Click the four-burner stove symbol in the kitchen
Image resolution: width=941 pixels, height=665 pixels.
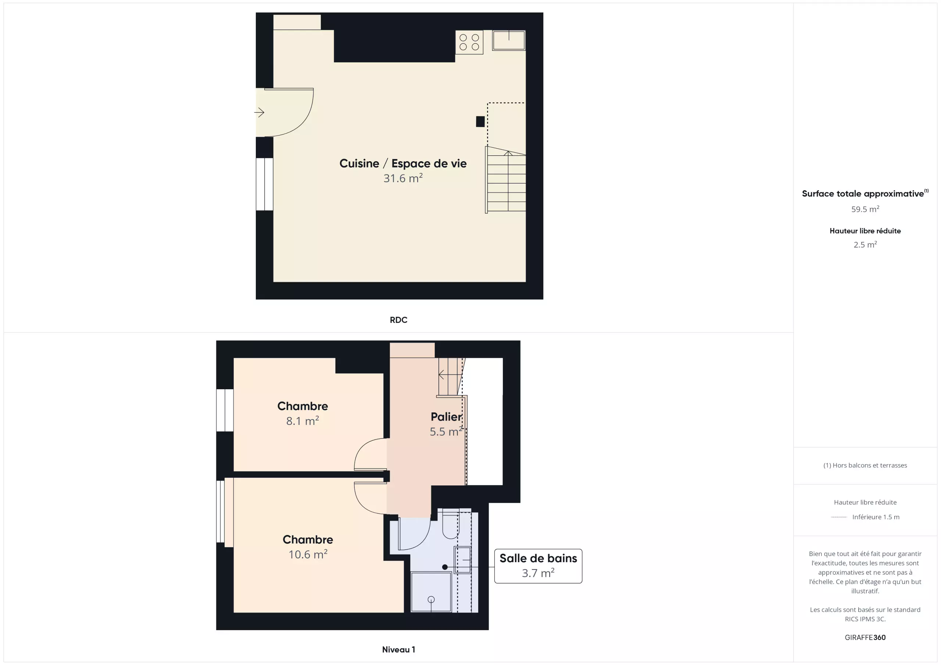(469, 42)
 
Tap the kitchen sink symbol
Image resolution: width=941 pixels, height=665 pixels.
(509, 40)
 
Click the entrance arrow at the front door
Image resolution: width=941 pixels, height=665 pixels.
(259, 112)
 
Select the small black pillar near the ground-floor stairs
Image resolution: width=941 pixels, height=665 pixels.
(480, 122)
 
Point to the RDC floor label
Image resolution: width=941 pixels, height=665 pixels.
(398, 320)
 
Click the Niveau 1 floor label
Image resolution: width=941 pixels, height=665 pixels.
(398, 650)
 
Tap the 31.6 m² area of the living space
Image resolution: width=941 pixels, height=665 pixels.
(403, 178)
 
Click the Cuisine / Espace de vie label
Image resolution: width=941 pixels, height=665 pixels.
(403, 163)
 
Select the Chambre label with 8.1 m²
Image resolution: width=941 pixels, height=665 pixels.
(303, 406)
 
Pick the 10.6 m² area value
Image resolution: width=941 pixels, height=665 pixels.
(308, 554)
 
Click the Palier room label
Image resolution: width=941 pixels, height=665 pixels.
(446, 416)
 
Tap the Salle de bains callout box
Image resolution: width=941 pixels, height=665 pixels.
(538, 566)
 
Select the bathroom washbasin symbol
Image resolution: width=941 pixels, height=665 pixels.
(462, 560)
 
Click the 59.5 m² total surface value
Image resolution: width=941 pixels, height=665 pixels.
(865, 209)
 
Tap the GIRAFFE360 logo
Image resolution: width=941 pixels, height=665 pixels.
(865, 637)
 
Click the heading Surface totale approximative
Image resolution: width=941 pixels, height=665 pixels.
(863, 194)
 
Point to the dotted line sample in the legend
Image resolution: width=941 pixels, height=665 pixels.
(839, 517)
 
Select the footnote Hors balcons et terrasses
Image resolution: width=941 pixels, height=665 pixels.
(865, 465)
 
